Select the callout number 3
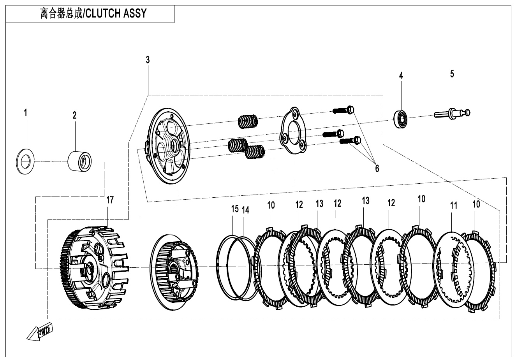pyautogui.click(x=148, y=60)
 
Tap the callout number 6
pyautogui.click(x=377, y=168)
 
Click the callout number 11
pyautogui.click(x=453, y=205)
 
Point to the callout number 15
pyautogui.click(x=234, y=209)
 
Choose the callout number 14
pyautogui.click(x=245, y=210)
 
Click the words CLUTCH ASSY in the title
pyautogui.click(x=116, y=13)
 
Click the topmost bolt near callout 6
pyautogui.click(x=344, y=110)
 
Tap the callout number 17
pyautogui.click(x=110, y=200)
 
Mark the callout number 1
pyautogui.click(x=26, y=113)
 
